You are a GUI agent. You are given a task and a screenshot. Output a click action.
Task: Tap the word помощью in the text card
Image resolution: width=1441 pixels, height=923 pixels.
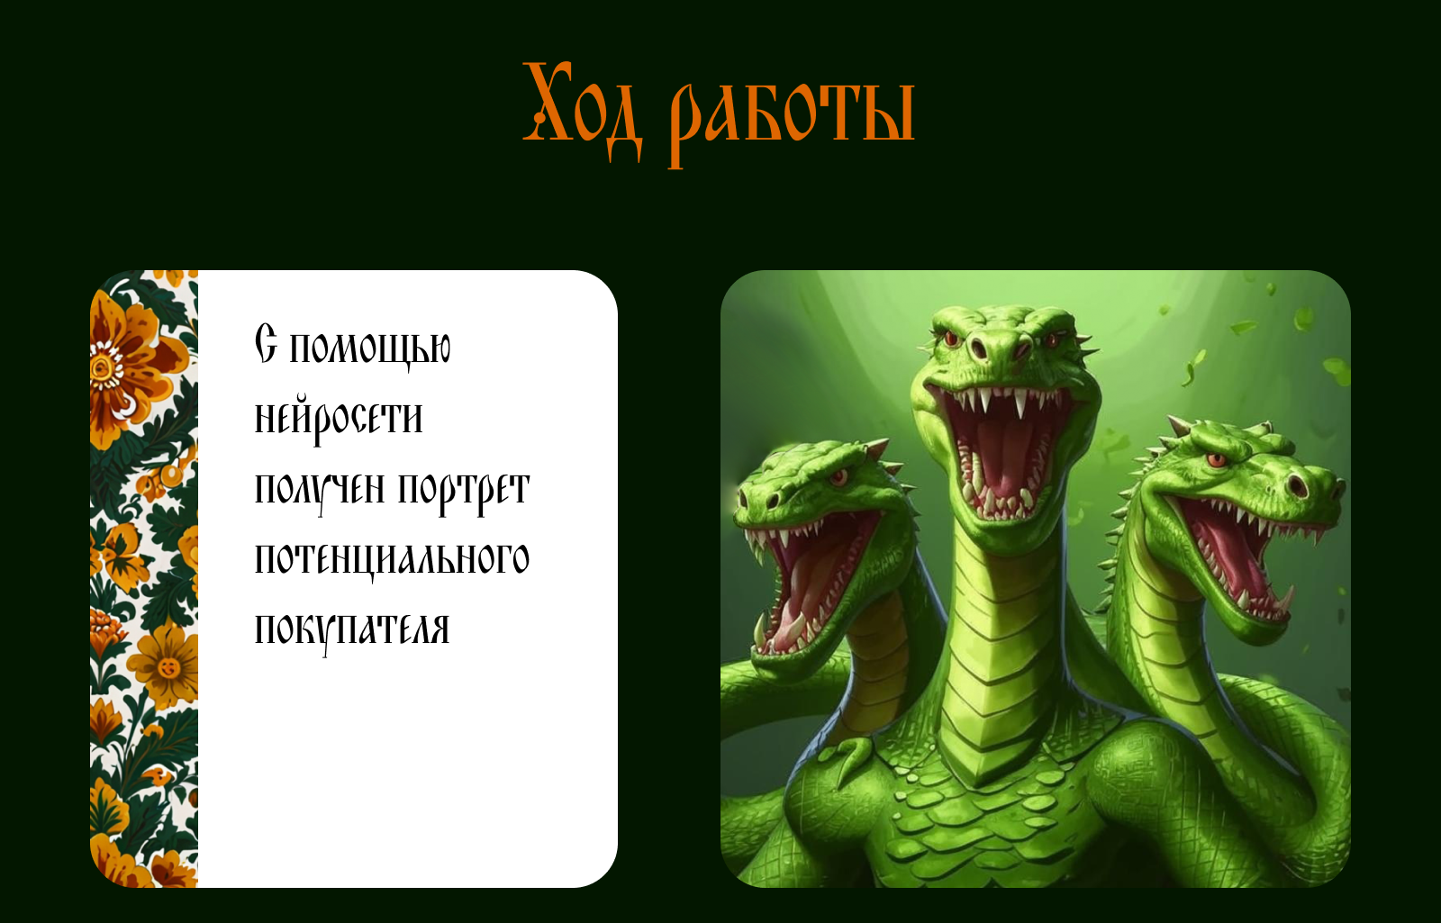pyautogui.click(x=370, y=348)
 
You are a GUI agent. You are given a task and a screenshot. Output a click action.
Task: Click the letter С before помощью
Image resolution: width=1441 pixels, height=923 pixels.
pyautogui.click(x=266, y=344)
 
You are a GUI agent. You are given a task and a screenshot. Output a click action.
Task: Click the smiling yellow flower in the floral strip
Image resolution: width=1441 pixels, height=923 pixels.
pyautogui.click(x=168, y=666)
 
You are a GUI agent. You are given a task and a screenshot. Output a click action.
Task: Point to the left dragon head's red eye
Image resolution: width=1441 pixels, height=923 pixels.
pyautogui.click(x=838, y=476)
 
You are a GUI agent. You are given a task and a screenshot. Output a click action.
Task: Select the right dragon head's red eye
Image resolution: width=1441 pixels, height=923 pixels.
pyautogui.click(x=1216, y=460)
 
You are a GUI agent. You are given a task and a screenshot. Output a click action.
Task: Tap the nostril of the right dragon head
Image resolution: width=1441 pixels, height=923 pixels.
pyautogui.click(x=1297, y=486)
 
